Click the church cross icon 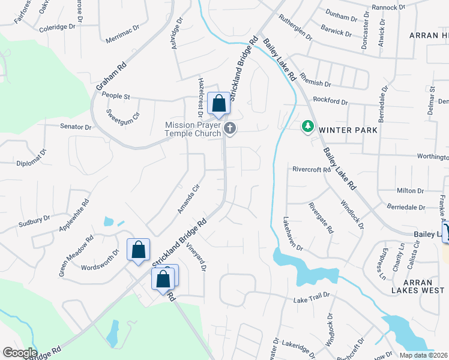coord(229,128)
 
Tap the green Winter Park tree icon coord(308,126)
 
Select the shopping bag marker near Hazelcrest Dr coord(218,103)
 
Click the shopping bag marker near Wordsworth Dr coord(138,250)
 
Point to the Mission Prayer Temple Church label coord(193,129)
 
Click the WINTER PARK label coord(348,130)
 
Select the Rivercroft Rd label coord(312,169)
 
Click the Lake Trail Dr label coord(312,296)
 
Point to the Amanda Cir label coord(188,199)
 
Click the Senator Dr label coord(75,127)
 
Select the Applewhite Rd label coord(74,215)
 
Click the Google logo coord(20,353)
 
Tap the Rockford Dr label coord(330,101)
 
